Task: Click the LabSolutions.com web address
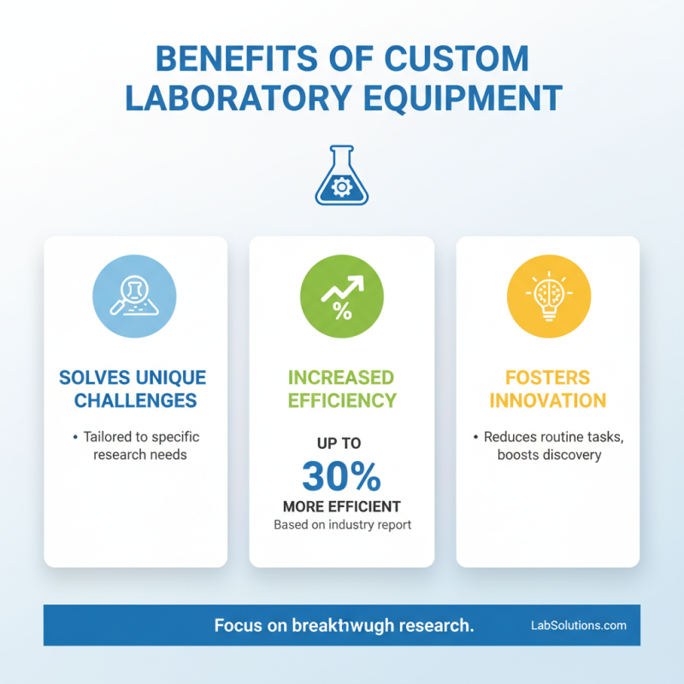coord(579,625)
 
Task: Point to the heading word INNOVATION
coord(548,400)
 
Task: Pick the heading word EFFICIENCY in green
coord(342,400)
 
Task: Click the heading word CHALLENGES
coord(135,400)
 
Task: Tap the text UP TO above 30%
coord(341,444)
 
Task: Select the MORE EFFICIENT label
coord(342,506)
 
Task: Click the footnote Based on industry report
coord(342,524)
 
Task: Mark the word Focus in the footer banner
coord(237,625)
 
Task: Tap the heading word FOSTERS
coord(548,377)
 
